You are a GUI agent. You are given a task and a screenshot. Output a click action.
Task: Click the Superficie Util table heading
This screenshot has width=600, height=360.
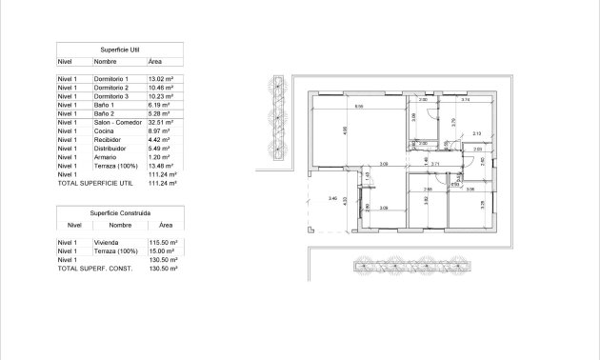point(120,47)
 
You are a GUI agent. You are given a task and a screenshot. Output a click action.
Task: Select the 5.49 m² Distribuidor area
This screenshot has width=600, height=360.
point(159,149)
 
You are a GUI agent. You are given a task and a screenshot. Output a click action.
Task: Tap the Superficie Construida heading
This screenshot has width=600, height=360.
point(120,212)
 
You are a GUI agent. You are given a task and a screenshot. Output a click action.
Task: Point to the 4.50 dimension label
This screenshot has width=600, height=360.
point(345,132)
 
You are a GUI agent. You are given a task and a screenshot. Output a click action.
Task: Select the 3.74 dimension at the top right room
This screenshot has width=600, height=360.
point(466,99)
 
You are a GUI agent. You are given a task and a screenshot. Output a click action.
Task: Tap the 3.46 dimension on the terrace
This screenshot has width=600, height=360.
point(332,198)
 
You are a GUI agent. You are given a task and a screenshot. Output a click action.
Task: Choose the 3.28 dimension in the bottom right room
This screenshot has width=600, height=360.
point(482,204)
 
